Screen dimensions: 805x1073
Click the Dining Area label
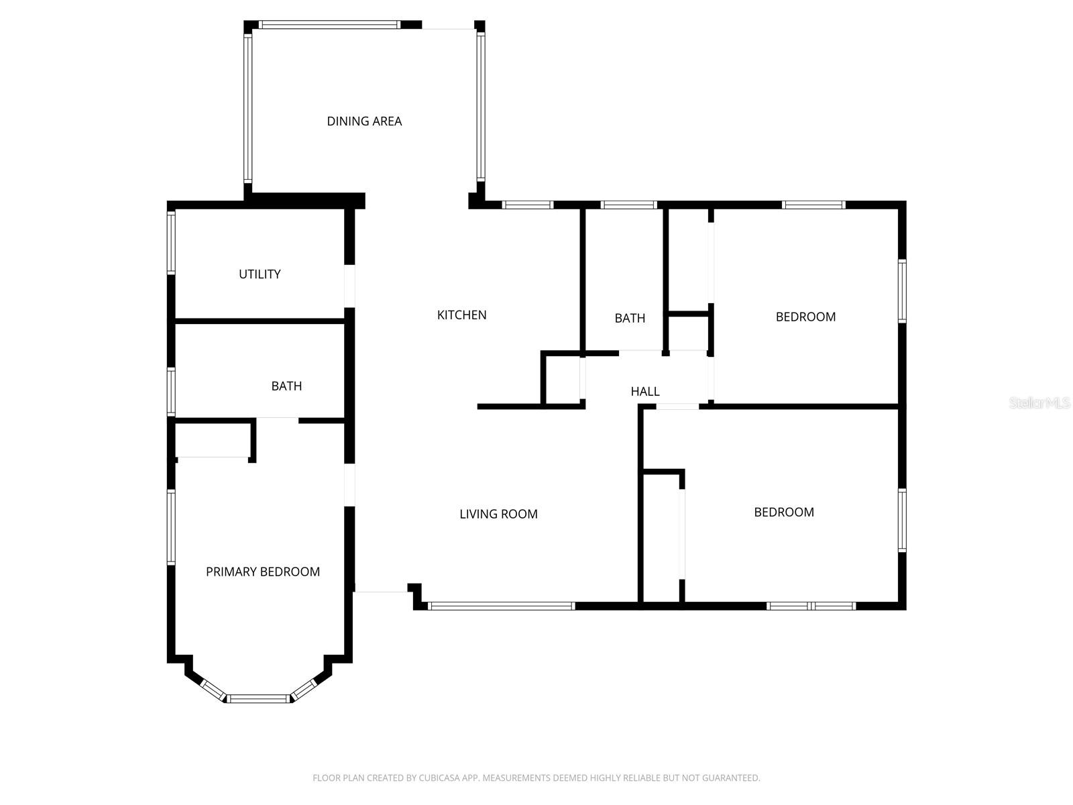364,121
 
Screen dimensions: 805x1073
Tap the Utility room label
260,274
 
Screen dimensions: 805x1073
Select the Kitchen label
461,315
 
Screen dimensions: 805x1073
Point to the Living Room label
498,515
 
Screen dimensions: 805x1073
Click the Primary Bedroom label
262,572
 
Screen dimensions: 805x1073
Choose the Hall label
645,392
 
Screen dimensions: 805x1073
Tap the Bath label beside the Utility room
286,386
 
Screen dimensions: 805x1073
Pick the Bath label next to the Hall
630,319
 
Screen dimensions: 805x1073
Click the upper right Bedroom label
805,317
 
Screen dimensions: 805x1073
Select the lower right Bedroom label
784,513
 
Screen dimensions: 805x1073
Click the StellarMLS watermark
1039,403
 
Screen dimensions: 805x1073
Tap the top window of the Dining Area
329,25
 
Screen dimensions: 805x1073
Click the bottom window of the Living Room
501,606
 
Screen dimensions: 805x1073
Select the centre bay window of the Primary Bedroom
258,699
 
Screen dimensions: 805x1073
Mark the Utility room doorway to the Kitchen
349,286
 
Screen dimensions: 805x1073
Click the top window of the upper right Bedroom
813,205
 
